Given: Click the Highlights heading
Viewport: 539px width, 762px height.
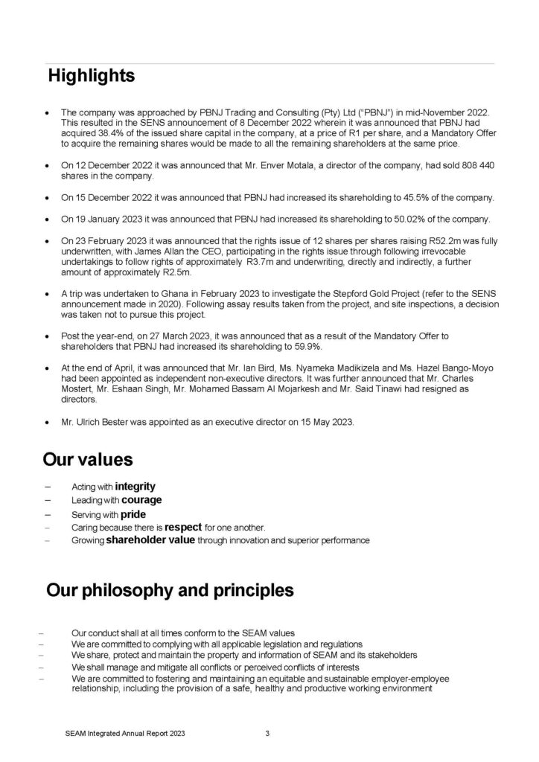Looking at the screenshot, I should [92, 76].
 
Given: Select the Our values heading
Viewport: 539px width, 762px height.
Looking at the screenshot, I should [88, 458].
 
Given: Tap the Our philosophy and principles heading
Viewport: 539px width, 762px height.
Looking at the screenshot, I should [170, 591].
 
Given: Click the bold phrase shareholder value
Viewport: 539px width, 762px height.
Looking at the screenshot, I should [150, 540].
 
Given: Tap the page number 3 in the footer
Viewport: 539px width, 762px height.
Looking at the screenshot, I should [267, 734].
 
